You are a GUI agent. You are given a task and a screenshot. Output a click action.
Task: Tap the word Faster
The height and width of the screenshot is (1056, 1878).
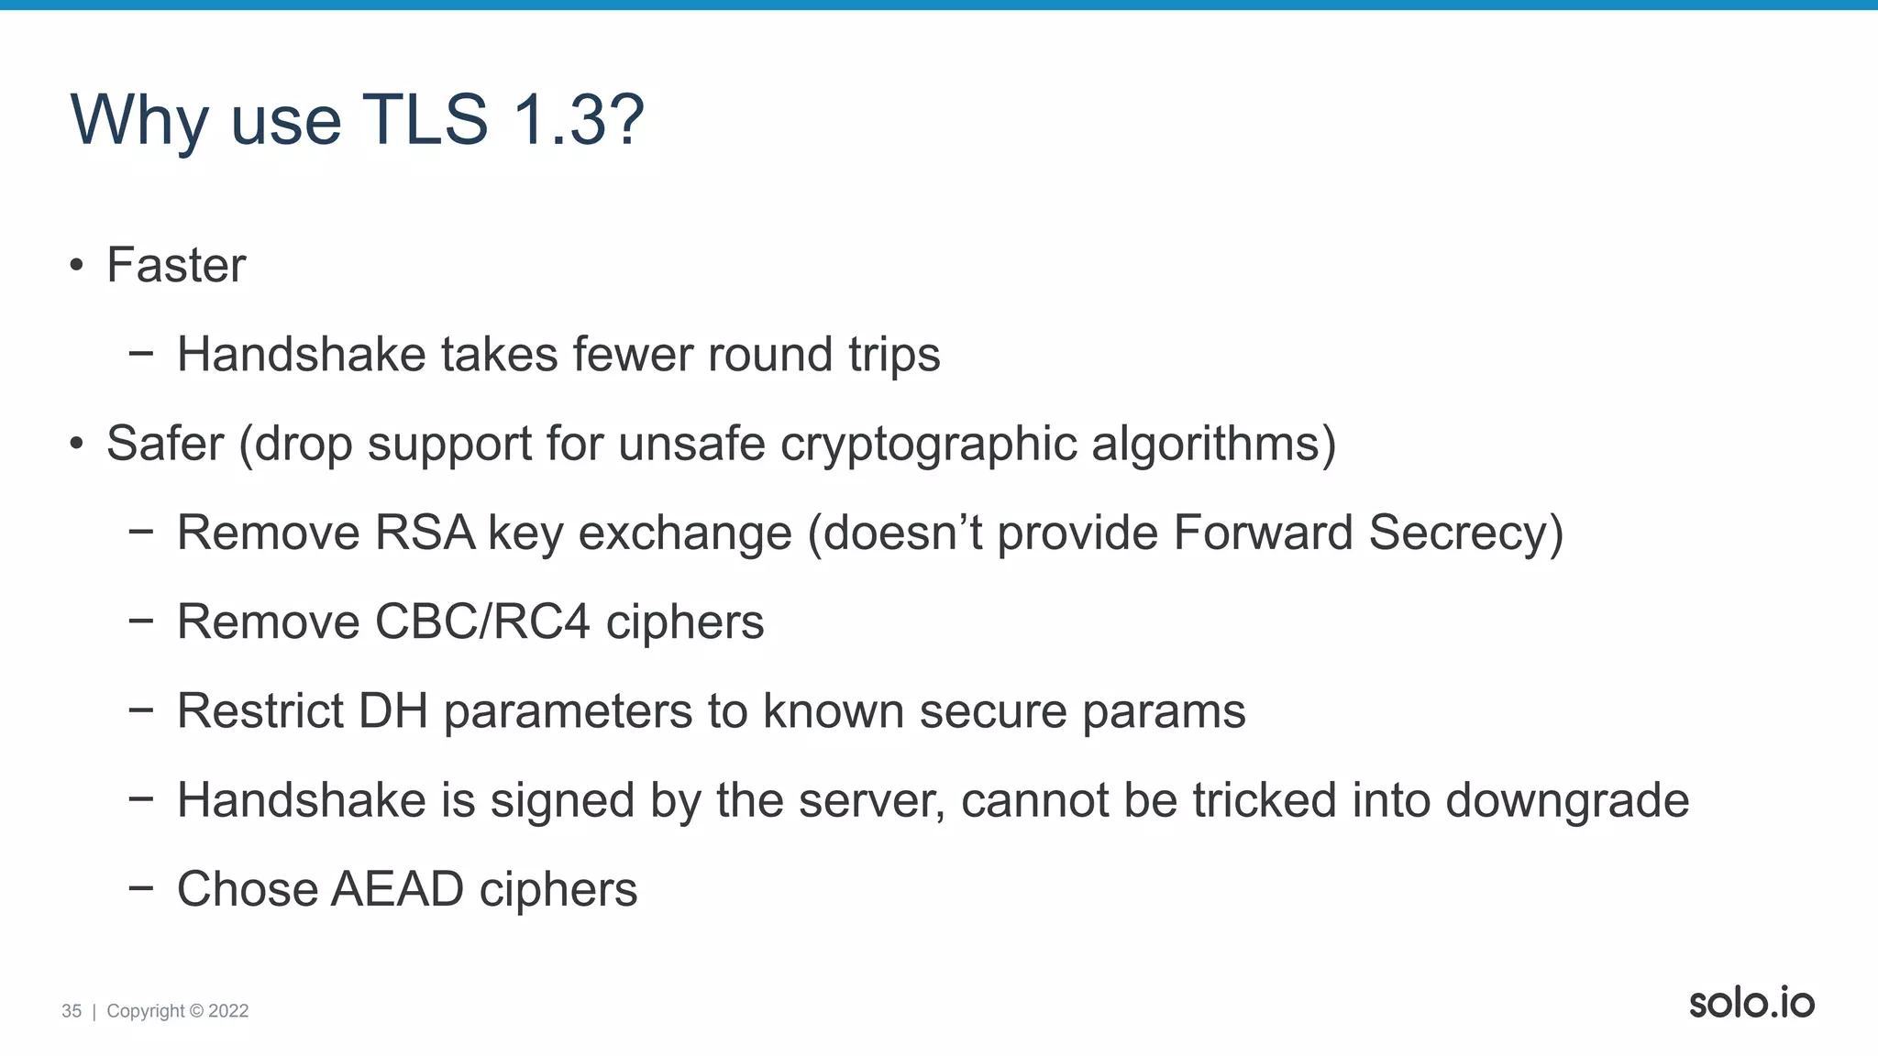(x=176, y=266)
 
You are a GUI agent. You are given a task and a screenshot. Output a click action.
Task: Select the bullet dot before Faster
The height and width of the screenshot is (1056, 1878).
(x=77, y=267)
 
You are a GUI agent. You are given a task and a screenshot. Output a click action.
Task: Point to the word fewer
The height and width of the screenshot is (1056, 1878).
(x=633, y=355)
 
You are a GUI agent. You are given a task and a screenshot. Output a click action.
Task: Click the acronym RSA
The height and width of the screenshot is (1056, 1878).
(x=425, y=533)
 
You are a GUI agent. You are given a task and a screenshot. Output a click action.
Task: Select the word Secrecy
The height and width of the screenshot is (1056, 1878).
(x=1465, y=533)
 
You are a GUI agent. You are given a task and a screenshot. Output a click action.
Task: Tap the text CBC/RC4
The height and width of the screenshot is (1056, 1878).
(x=482, y=622)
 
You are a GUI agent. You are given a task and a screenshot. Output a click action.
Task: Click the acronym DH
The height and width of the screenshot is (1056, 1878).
(x=393, y=711)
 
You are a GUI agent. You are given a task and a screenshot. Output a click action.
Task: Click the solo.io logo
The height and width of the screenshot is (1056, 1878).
(x=1751, y=1003)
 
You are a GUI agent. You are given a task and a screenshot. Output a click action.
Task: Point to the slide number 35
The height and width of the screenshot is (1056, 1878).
(x=72, y=1011)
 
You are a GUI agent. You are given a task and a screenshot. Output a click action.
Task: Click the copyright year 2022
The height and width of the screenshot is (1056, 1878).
(x=228, y=1011)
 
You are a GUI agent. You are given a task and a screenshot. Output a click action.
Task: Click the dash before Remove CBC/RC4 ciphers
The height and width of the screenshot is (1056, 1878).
(x=141, y=621)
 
